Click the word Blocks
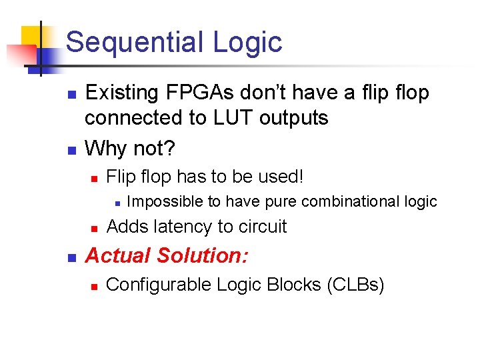point(293,285)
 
